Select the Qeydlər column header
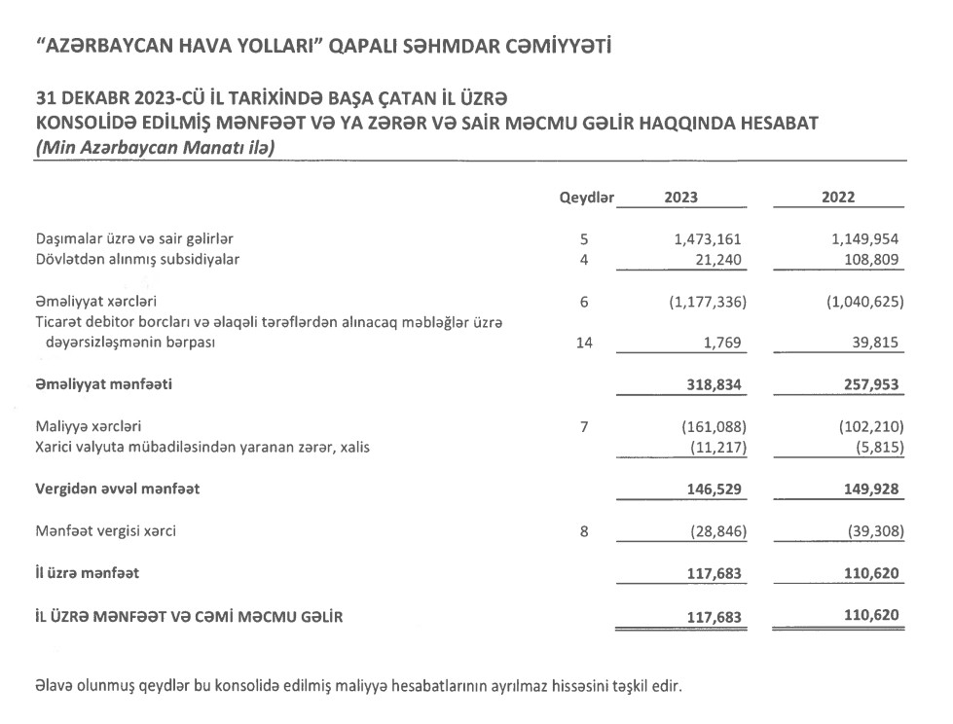pos(586,198)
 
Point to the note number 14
pos(584,344)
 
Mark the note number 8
pos(584,531)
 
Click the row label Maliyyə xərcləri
pos(94,426)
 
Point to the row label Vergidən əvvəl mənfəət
pos(117,489)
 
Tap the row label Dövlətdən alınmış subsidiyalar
pos(137,260)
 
